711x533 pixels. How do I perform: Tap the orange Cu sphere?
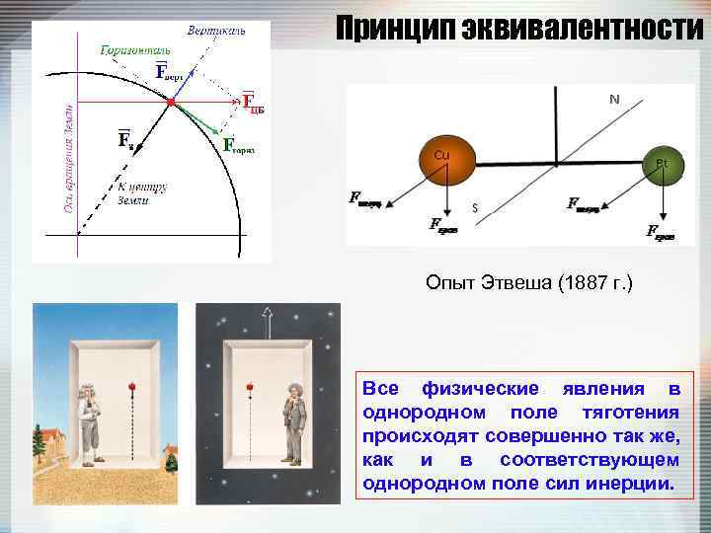(x=444, y=158)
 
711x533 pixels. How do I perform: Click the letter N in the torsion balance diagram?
(x=614, y=99)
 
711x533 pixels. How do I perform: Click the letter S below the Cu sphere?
(x=475, y=208)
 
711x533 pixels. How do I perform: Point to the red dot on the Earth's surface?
(x=171, y=102)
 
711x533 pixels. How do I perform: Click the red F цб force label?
(x=253, y=104)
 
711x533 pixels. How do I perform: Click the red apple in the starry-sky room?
(x=250, y=386)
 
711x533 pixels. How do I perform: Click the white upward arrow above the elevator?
(x=266, y=317)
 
